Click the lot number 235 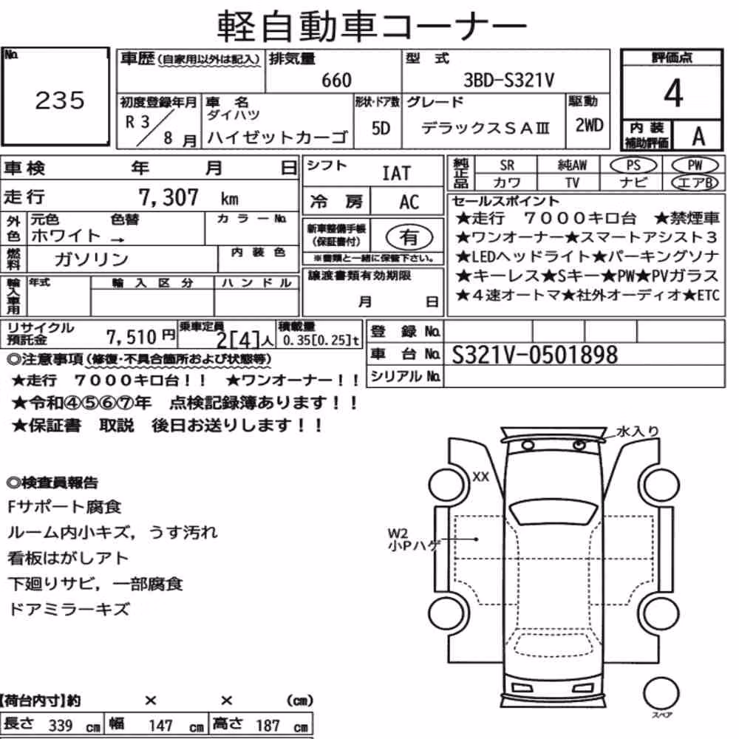(x=60, y=100)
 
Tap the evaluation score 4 (x=673, y=93)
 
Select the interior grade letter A (x=698, y=136)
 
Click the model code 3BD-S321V (x=509, y=80)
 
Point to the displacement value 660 (x=336, y=80)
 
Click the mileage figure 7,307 (x=168, y=197)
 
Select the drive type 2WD (x=589, y=125)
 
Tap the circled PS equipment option (x=633, y=165)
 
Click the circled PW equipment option (x=695, y=165)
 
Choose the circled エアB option (x=695, y=183)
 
